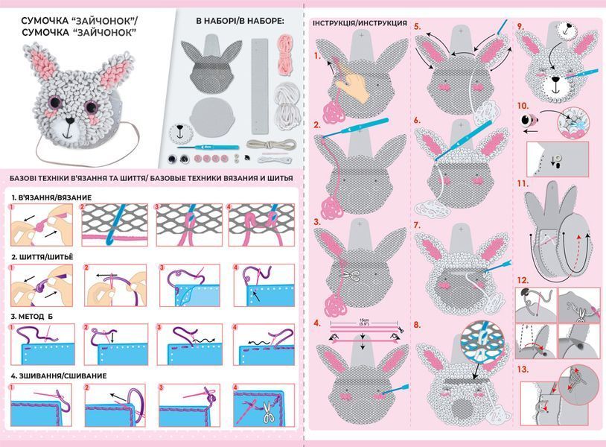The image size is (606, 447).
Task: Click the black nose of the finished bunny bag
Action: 70,120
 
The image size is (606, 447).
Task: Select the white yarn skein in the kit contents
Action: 287,104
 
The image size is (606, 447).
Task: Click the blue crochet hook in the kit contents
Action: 208,148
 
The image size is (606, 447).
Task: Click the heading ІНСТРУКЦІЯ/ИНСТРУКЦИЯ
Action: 360,23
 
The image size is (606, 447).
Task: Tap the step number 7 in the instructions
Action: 417,225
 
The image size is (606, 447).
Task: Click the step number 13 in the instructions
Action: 523,370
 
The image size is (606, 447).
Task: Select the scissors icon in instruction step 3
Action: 351,276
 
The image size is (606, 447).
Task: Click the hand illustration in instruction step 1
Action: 353,86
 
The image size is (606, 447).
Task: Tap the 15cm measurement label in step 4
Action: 363,322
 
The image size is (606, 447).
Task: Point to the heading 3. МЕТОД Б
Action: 32,317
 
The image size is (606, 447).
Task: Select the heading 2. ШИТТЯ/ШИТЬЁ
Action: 42,257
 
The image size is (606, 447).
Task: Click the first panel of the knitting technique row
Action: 42,225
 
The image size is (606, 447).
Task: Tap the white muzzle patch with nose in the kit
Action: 181,133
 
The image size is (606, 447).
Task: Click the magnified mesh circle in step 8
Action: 482,340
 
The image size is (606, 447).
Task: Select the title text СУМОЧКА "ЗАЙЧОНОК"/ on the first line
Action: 80,20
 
